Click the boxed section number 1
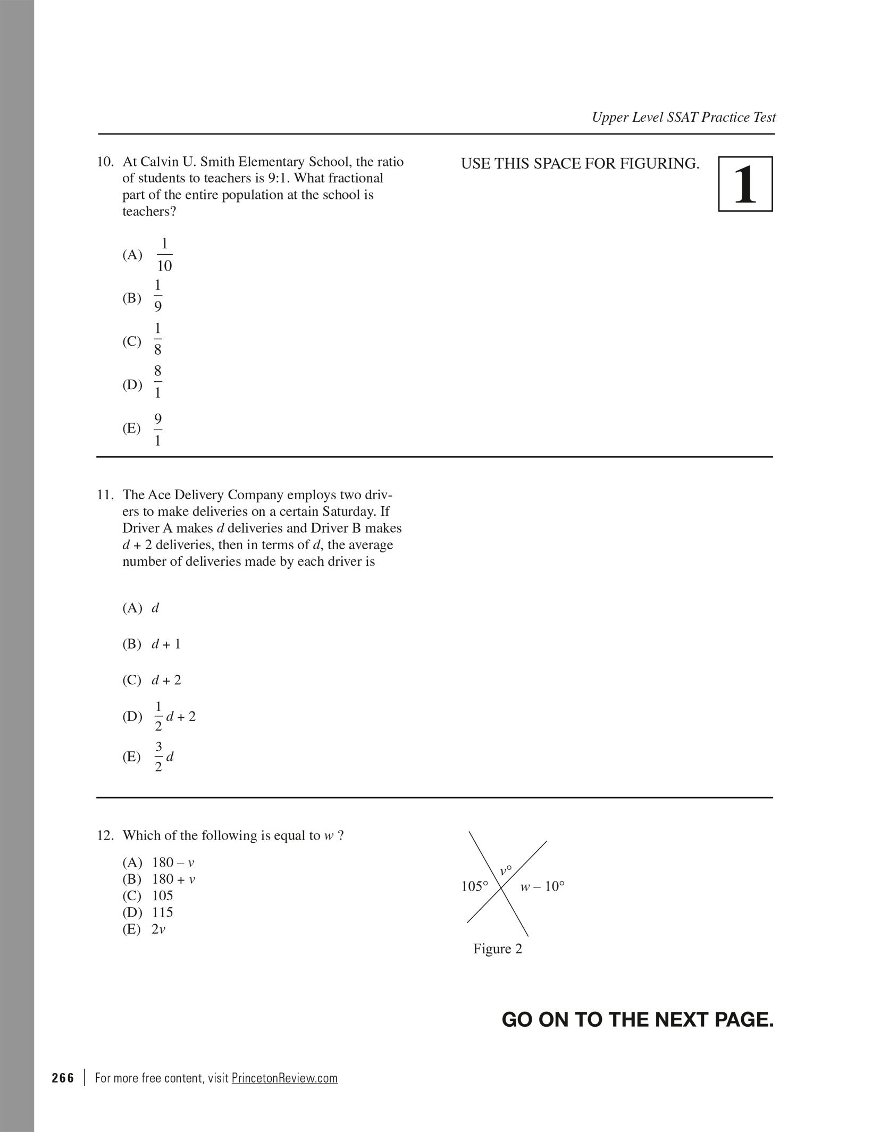tap(745, 184)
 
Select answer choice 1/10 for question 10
tap(164, 255)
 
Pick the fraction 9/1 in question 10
tap(158, 430)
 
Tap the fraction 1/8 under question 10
tap(158, 339)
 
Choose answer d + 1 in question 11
tap(166, 644)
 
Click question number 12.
tap(105, 835)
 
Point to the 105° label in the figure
tap(474, 886)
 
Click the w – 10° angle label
tap(542, 886)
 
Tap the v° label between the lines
tap(505, 870)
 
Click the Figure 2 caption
tap(498, 949)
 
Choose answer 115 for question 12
tap(163, 912)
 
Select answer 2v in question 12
tap(158, 929)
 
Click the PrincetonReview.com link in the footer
tap(284, 1078)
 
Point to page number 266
tap(63, 1078)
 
